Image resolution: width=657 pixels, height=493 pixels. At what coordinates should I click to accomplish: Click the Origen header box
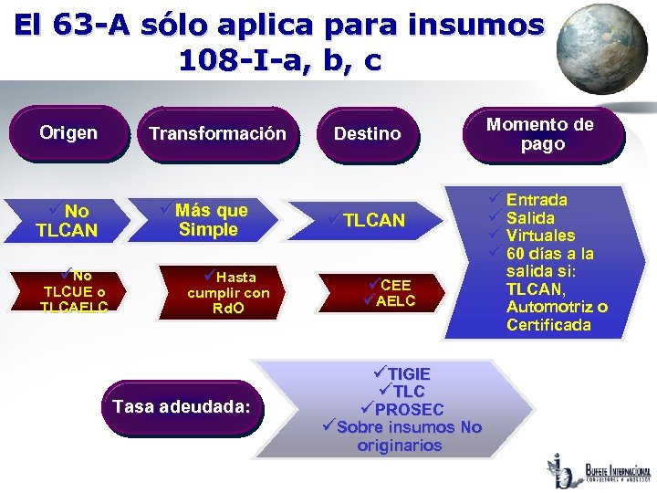pyautogui.click(x=68, y=133)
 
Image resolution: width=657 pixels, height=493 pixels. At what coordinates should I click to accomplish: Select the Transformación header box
pyautogui.click(x=217, y=134)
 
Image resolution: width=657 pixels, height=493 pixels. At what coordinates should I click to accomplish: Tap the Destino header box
pyautogui.click(x=367, y=134)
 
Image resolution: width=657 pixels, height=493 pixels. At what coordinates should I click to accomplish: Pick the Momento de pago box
pyautogui.click(x=539, y=135)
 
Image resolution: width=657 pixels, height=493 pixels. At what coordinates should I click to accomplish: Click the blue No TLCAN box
pyautogui.click(x=69, y=221)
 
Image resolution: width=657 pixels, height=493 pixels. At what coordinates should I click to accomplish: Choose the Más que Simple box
pyautogui.click(x=209, y=220)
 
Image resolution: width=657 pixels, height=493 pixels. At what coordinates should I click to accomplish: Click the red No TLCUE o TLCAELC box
pyautogui.click(x=73, y=291)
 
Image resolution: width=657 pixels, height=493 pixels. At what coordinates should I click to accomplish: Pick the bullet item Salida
pyautogui.click(x=530, y=217)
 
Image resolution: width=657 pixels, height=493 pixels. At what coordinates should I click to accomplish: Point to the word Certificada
pyautogui.click(x=548, y=325)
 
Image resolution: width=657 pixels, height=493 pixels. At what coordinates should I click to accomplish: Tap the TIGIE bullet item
pyautogui.click(x=408, y=373)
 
